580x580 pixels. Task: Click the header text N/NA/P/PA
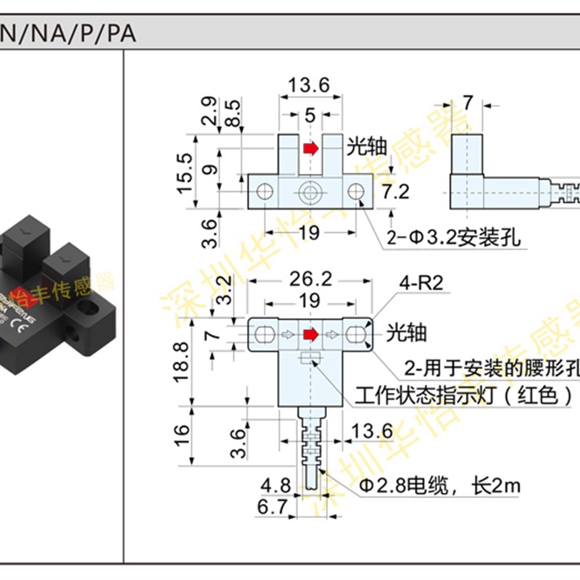[x=69, y=34]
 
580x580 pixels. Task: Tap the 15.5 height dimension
[x=186, y=172]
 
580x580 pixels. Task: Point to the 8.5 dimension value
[x=231, y=113]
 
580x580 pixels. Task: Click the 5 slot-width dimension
[x=310, y=115]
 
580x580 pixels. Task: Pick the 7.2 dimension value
[x=396, y=192]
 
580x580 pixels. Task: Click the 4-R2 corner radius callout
[x=420, y=283]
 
